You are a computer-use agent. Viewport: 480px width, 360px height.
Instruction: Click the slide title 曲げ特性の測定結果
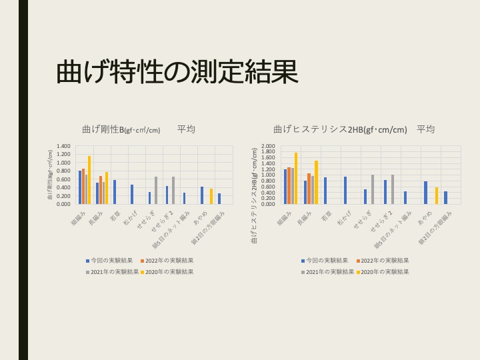(177, 72)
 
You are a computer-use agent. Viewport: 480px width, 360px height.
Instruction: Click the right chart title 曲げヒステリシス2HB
(340, 129)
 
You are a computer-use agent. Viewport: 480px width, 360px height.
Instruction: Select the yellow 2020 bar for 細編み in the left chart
(89, 180)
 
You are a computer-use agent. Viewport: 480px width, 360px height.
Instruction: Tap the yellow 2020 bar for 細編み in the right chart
(296, 178)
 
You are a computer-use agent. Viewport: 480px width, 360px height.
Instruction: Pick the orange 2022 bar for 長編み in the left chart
(101, 190)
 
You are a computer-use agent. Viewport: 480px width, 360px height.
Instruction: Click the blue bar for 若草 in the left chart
(115, 192)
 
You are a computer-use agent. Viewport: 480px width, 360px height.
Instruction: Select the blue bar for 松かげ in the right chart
(345, 190)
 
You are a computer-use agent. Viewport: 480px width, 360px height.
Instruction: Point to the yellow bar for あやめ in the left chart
(211, 196)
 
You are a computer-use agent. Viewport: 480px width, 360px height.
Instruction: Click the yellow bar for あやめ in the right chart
(437, 195)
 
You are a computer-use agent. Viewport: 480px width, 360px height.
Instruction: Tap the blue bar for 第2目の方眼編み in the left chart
(219, 199)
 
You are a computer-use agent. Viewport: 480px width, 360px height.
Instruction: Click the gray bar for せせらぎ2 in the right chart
(393, 189)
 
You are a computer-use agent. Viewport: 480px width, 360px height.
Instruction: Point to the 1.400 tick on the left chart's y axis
(63, 146)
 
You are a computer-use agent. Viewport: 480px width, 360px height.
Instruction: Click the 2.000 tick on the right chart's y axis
(268, 146)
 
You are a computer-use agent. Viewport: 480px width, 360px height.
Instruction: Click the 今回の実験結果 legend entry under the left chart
(111, 261)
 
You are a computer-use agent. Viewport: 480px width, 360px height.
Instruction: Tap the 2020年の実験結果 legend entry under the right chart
(383, 272)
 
